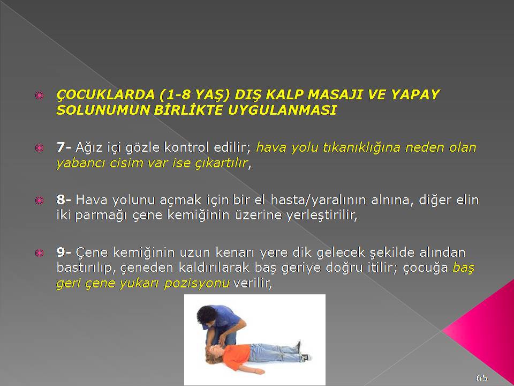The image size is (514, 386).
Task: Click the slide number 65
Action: coord(481,377)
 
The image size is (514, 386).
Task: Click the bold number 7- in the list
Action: coord(64,147)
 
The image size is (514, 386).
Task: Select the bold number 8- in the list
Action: coord(64,199)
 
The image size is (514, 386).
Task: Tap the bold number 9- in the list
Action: coord(64,252)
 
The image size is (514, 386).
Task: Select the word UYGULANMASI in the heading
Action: coord(282,110)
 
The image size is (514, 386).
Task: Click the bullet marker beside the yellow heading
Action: coord(39,95)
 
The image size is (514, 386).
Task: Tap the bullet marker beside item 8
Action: coord(39,200)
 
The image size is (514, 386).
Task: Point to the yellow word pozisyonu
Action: coord(196,283)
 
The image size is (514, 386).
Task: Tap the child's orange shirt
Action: coord(236,357)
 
